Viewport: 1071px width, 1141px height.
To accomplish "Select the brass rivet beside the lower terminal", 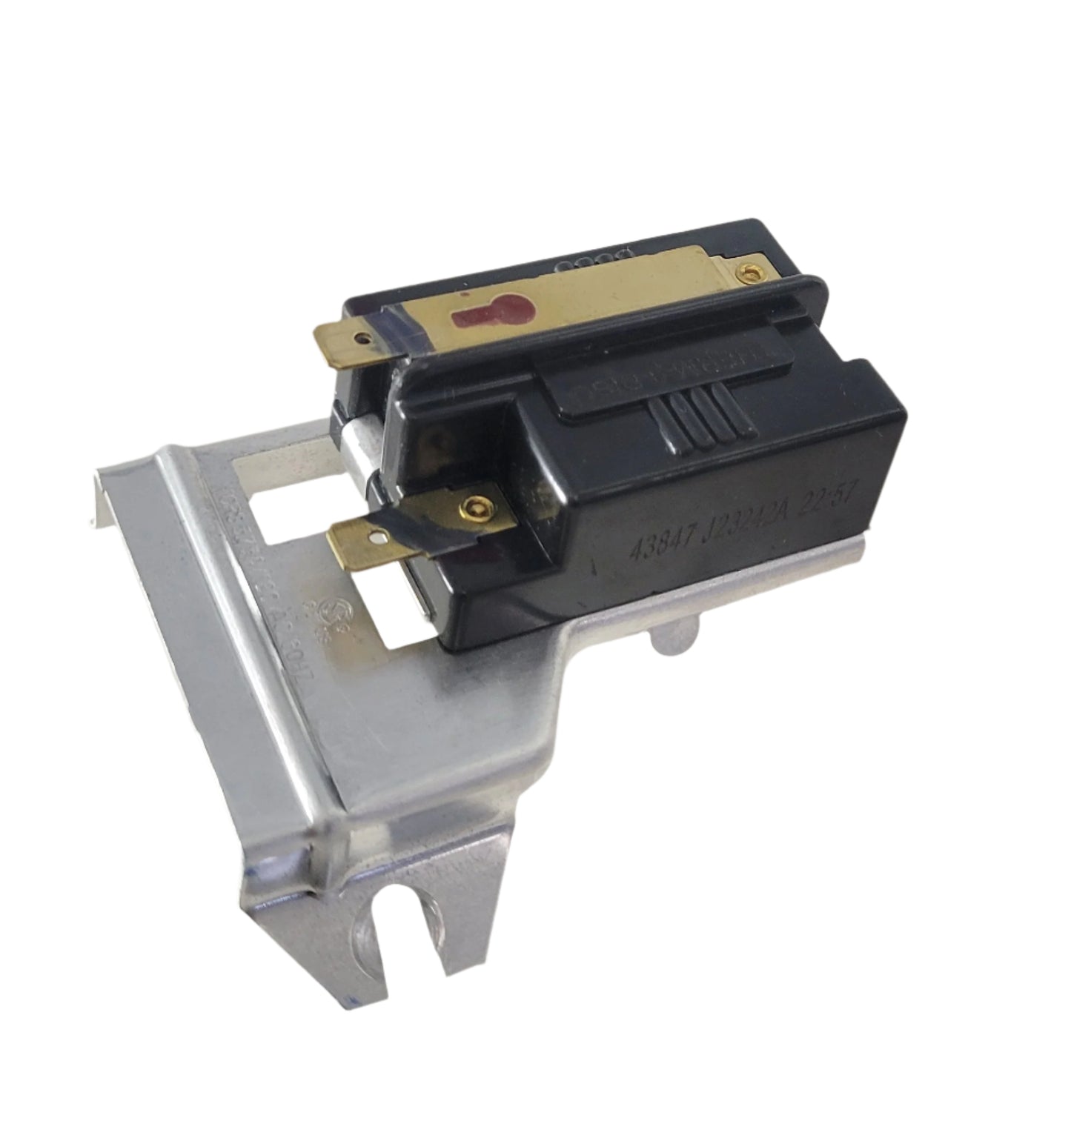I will [473, 507].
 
